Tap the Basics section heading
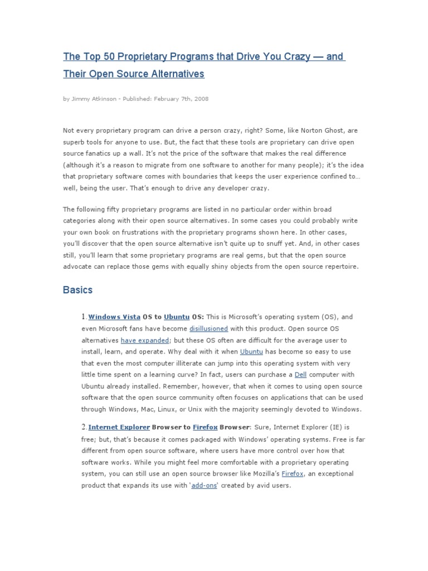[77, 291]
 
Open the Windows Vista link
[114, 317]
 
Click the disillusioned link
[208, 328]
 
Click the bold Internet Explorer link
[119, 427]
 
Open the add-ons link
[204, 485]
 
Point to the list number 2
[84, 427]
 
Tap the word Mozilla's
[262, 473]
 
